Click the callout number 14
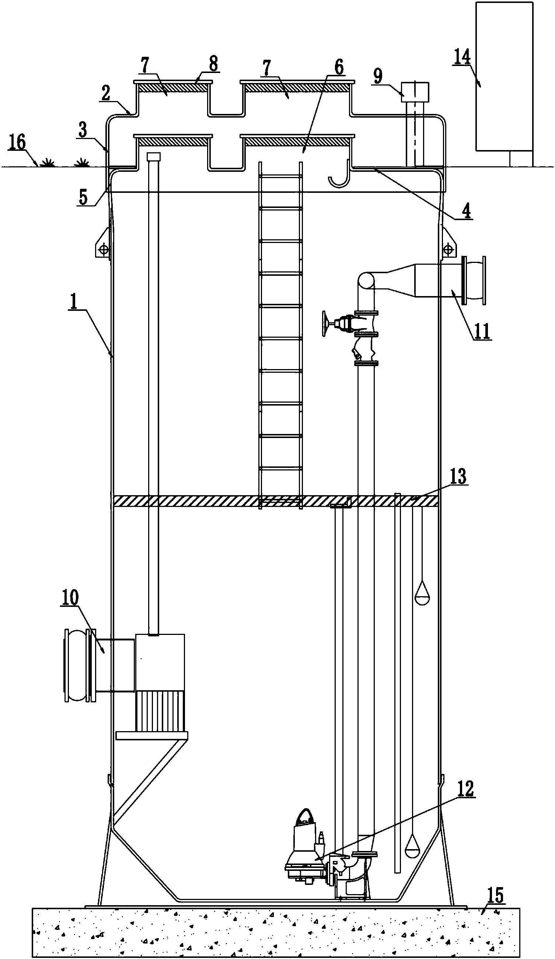(x=461, y=57)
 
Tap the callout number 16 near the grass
(x=17, y=142)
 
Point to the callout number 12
(x=465, y=789)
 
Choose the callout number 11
(x=482, y=331)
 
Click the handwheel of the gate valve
(x=324, y=323)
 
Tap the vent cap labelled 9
(x=415, y=92)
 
